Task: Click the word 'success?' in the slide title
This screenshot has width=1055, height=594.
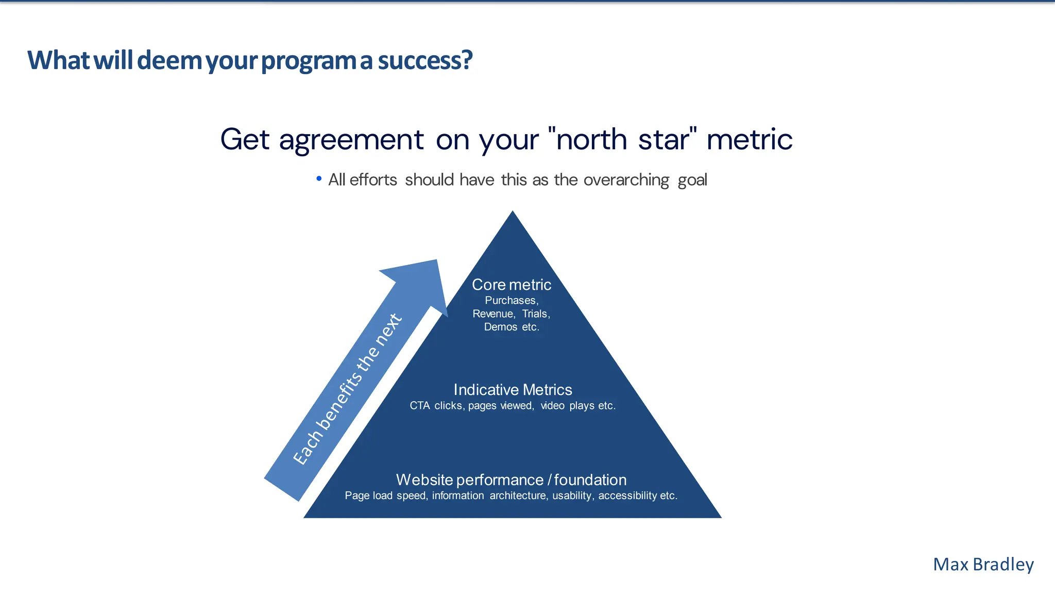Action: pyautogui.click(x=425, y=60)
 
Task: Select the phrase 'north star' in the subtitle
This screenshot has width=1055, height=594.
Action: pyautogui.click(x=622, y=139)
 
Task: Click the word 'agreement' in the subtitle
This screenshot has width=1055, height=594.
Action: pyautogui.click(x=351, y=140)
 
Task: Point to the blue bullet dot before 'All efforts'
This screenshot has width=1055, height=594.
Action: pyautogui.click(x=319, y=179)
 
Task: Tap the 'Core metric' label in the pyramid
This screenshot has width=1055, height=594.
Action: pyautogui.click(x=512, y=285)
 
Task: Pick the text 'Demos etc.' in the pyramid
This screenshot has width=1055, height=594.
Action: pyautogui.click(x=512, y=327)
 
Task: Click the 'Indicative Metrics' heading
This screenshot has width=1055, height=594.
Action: pyautogui.click(x=513, y=390)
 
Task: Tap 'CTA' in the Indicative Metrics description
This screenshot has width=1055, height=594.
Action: pyautogui.click(x=419, y=406)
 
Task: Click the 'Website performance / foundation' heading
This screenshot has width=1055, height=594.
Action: pyautogui.click(x=511, y=480)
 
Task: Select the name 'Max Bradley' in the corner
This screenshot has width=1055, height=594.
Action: pyautogui.click(x=983, y=565)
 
